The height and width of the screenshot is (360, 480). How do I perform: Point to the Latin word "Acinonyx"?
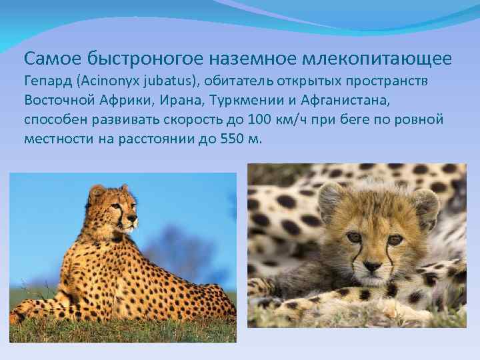tap(111, 81)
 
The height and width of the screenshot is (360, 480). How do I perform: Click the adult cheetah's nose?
tap(135, 217)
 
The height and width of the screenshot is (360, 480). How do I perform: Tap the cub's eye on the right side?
tap(395, 239)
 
